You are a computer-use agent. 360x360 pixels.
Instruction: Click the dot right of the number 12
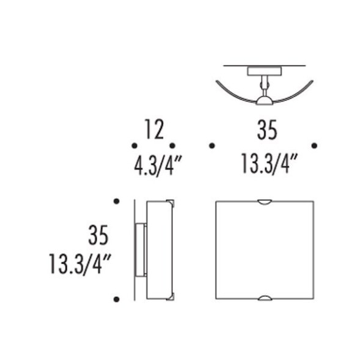[x=172, y=145]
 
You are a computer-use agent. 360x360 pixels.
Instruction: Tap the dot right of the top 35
[x=314, y=145]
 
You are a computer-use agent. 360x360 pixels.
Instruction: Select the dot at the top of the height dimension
[x=116, y=200]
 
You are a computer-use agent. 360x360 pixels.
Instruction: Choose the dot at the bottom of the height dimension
[x=116, y=299]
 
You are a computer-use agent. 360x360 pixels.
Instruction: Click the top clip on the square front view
[x=265, y=201]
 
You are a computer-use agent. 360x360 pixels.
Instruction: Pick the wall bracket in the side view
[x=140, y=249]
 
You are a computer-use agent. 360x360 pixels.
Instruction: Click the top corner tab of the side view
[x=172, y=201]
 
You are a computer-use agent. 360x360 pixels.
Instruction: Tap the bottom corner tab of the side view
[x=172, y=297]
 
